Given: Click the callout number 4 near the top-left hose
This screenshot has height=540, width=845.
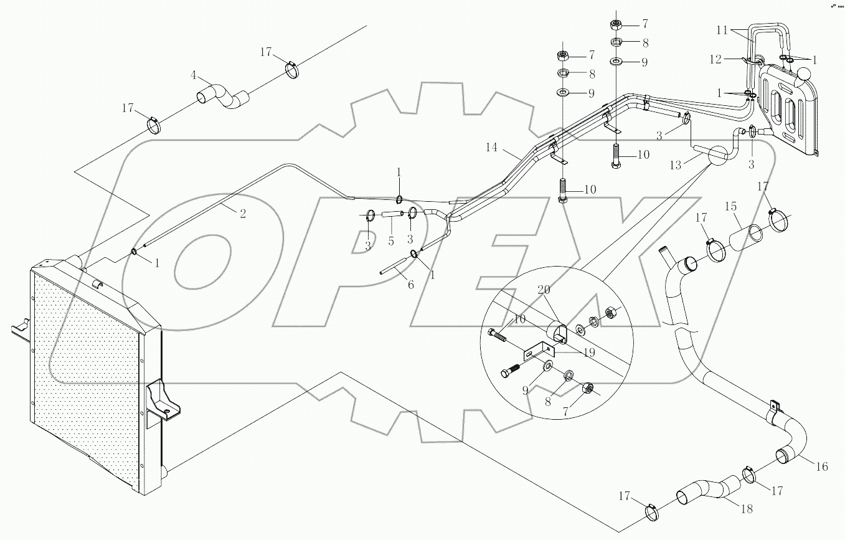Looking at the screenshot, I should click(194, 75).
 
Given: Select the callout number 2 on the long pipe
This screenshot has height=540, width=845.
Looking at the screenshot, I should click(243, 214).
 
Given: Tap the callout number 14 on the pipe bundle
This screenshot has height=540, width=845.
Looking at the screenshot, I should click(493, 148).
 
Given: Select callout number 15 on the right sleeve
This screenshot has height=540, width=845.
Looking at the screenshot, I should click(730, 206).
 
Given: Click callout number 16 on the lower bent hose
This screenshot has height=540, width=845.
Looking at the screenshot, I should click(822, 465).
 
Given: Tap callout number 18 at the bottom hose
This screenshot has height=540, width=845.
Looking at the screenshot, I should click(746, 509).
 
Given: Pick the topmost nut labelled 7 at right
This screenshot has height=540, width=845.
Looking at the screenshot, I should click(615, 25).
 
